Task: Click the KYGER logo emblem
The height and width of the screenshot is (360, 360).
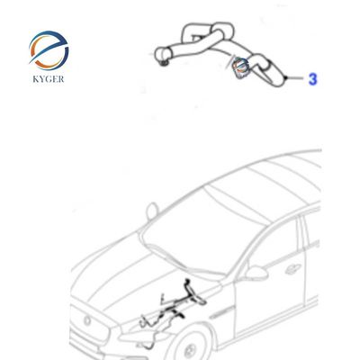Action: (49, 49)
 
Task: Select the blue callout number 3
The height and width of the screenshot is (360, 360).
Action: (312, 80)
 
